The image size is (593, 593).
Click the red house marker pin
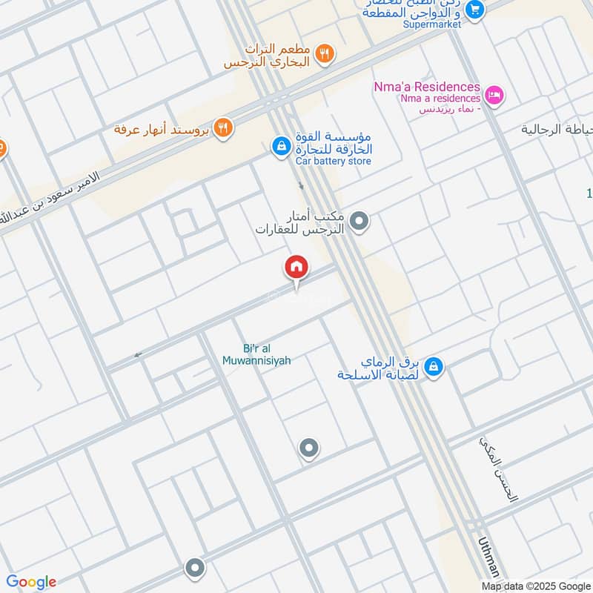point(296,268)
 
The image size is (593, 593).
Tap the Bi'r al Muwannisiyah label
point(256,354)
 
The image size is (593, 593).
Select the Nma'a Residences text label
point(427,87)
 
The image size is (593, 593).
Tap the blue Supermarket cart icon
point(476,10)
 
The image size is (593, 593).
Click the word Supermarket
point(432,24)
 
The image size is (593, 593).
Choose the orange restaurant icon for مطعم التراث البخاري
point(324,53)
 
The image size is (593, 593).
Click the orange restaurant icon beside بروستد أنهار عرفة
point(222,128)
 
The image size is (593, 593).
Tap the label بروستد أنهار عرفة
point(162,129)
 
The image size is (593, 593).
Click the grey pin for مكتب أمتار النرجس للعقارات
point(360,221)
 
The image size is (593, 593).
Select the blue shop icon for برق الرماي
point(435,366)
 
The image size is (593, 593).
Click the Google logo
point(30,582)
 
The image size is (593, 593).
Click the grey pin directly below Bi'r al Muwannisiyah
point(308,448)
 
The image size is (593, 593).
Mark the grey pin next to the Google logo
point(195,568)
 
